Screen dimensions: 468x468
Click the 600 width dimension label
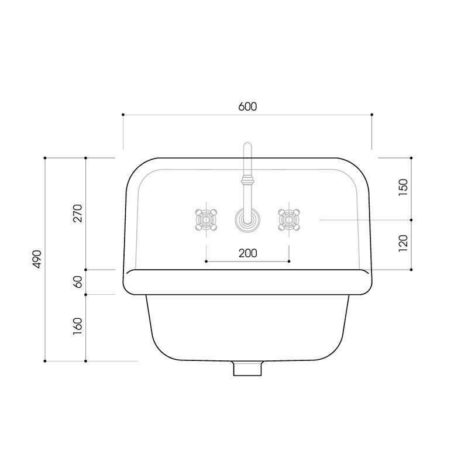(x=247, y=106)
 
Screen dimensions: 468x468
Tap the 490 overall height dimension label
(x=37, y=259)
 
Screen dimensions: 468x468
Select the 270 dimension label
(x=78, y=213)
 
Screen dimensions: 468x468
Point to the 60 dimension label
(x=78, y=282)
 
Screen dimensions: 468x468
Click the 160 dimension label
(x=78, y=327)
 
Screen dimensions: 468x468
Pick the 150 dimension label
(x=403, y=187)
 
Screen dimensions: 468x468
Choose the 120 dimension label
(x=403, y=243)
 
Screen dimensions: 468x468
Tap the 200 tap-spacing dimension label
(x=247, y=253)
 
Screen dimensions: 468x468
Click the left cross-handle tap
(x=206, y=220)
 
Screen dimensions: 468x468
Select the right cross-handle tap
(x=289, y=220)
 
